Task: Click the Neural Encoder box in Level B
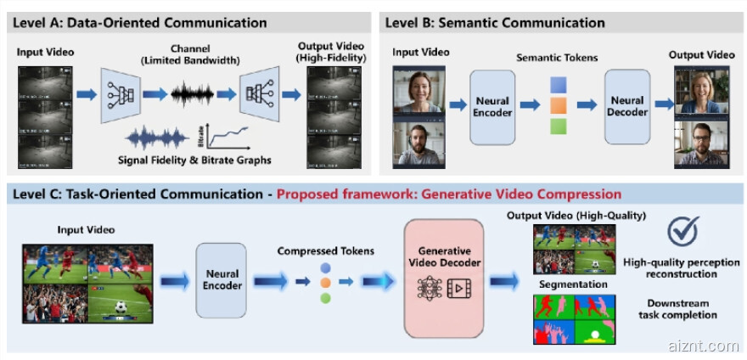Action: tap(492, 107)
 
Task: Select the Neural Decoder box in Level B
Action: tap(626, 107)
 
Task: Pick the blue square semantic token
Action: tap(558, 85)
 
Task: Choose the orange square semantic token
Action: tap(558, 106)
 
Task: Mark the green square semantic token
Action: tap(558, 127)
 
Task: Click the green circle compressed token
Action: tap(326, 298)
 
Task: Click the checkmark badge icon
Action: tap(682, 231)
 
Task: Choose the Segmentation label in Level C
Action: tap(573, 284)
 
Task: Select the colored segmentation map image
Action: tap(574, 318)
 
